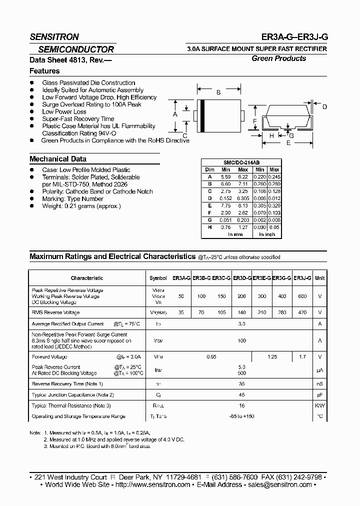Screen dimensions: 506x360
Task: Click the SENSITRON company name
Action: pos(54,37)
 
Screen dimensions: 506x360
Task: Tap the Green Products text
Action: pos(278,58)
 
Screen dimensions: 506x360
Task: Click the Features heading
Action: pos(44,71)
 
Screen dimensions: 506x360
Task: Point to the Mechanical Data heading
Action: pos(58,159)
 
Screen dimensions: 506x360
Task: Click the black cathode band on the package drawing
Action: pos(202,116)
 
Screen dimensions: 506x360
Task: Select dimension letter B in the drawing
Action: pos(218,92)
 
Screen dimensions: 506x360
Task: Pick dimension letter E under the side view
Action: pos(288,143)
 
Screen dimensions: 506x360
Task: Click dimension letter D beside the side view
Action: pos(324,107)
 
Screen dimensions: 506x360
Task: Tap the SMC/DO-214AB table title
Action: pos(241,163)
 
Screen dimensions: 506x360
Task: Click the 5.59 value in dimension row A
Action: pos(225,176)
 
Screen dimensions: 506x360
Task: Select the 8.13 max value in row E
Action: pos(242,205)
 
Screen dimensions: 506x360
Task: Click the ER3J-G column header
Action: pos(302,278)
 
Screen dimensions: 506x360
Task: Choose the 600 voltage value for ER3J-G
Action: pos(302,296)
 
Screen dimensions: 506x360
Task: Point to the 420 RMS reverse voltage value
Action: pos(302,312)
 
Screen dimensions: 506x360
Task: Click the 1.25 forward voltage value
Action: pos(272,357)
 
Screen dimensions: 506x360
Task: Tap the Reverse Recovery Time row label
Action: pos(67,384)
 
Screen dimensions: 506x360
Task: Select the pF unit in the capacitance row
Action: pos(320,395)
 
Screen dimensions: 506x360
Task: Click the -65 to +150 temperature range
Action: pos(242,416)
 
